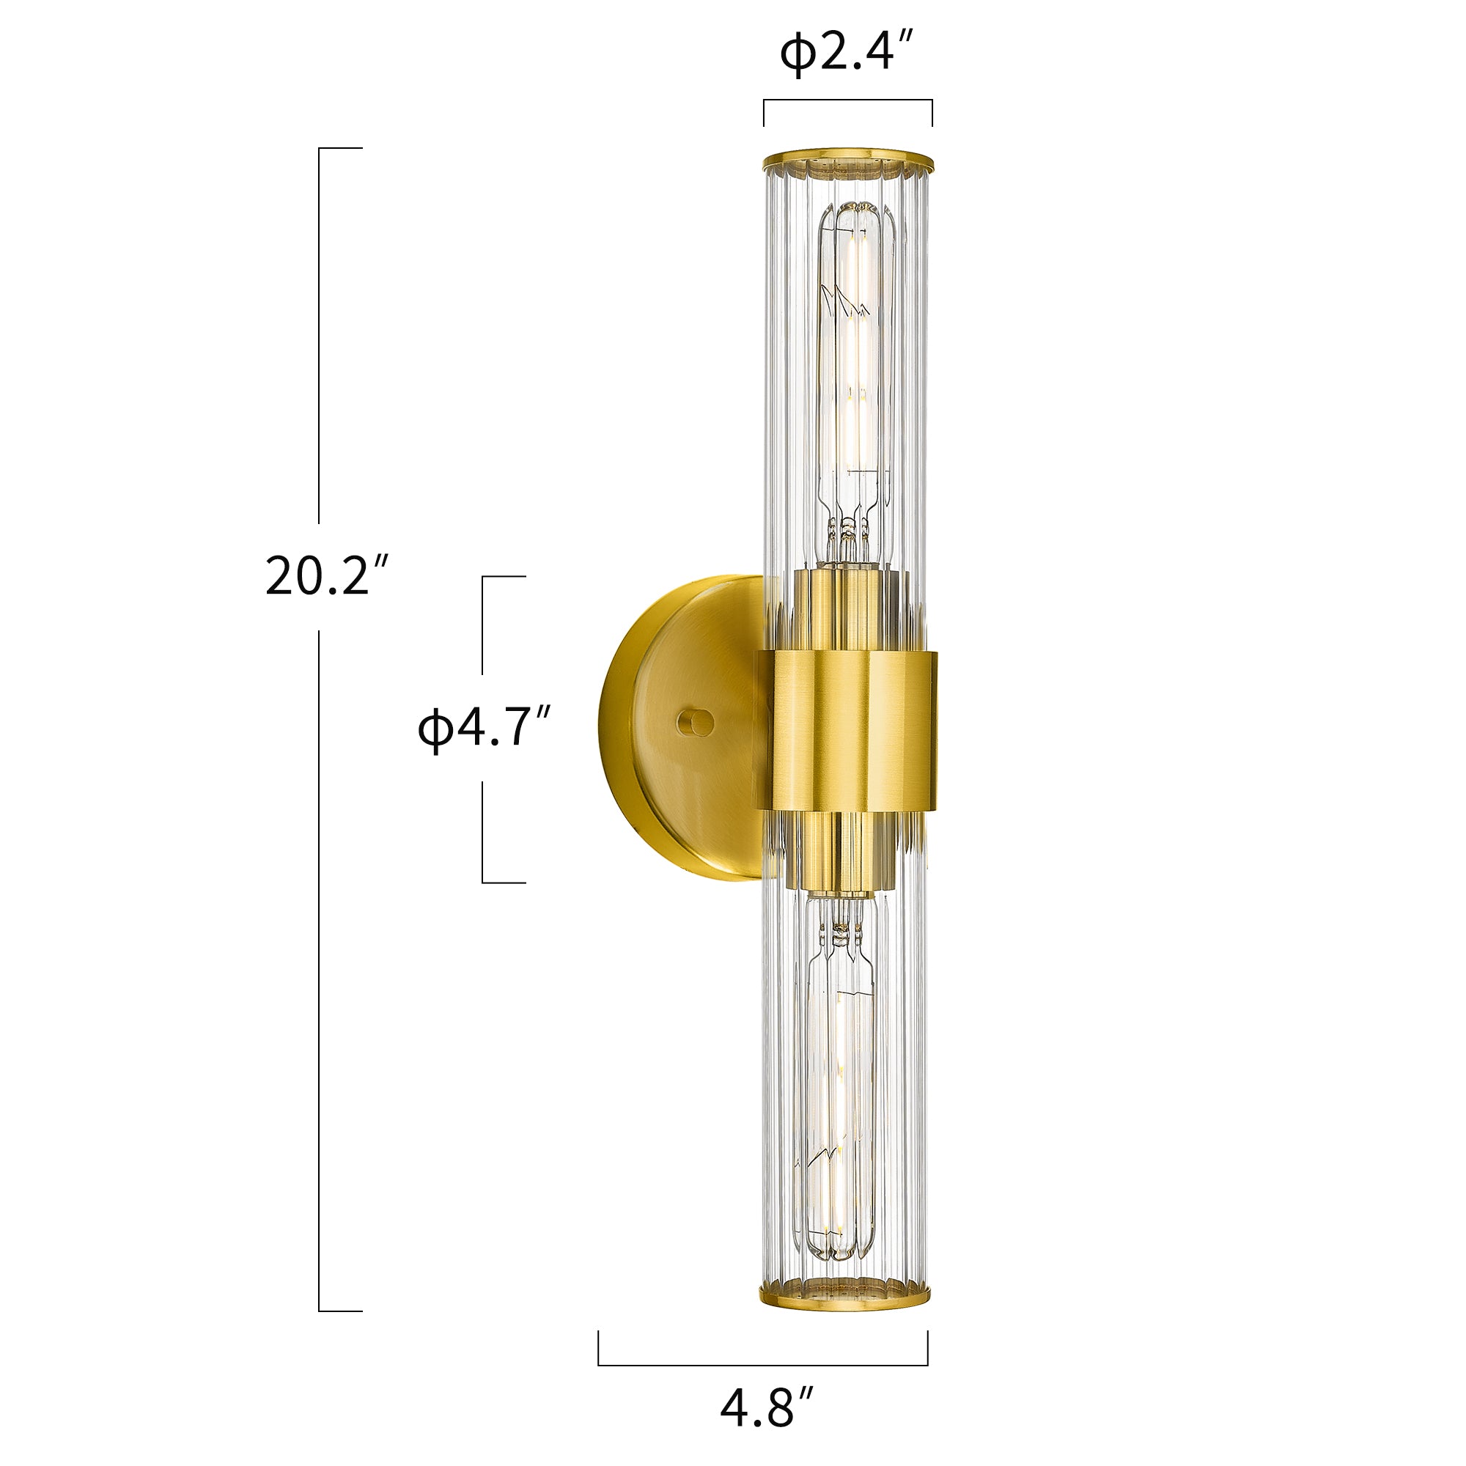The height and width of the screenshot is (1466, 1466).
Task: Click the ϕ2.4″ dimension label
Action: [x=847, y=56]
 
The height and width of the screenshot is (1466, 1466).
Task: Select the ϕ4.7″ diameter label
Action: [x=483, y=728]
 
